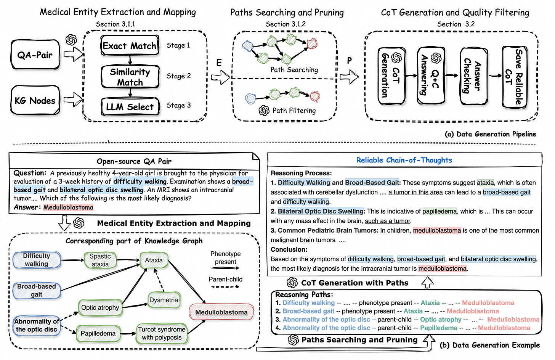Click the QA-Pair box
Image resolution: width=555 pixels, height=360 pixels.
35,55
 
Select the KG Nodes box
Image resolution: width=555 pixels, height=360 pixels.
35,101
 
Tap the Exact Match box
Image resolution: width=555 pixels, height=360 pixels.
130,46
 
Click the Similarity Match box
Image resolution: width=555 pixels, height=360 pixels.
130,77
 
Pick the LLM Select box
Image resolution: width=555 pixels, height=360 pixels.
130,107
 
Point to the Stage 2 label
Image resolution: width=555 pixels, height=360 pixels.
178,76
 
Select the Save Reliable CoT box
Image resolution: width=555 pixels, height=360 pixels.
515,76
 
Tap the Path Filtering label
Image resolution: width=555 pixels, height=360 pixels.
294,111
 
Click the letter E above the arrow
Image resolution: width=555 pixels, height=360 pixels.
219,63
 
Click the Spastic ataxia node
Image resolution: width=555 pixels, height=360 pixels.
100,260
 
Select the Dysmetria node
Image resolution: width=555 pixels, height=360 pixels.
164,300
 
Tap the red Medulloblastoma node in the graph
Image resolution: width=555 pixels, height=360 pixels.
221,312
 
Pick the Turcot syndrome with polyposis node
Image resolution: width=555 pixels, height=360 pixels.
162,333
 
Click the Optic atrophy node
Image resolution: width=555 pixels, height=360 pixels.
100,307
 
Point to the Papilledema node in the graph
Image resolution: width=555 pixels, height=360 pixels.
98,333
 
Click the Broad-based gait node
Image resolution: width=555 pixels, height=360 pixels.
37,290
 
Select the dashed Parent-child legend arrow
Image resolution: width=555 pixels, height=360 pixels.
225,287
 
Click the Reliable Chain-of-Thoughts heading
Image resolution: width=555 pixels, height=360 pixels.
404,160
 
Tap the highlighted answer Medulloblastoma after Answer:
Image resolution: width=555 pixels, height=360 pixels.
68,207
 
